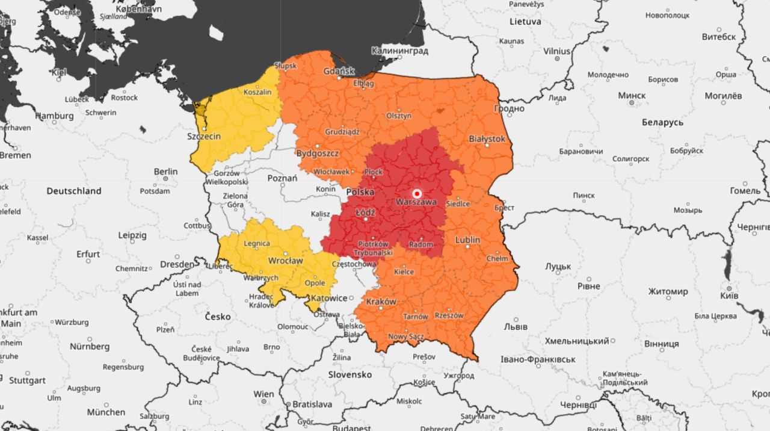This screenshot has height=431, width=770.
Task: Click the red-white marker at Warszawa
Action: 416,193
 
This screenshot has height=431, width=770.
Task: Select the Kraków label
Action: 380,301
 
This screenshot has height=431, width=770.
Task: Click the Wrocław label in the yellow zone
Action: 285,261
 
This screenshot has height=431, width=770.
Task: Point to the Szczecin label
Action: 204,136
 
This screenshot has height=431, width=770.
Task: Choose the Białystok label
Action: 487,138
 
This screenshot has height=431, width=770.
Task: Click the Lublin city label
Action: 467,240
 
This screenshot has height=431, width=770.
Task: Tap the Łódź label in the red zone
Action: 365,213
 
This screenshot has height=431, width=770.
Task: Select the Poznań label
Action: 282,178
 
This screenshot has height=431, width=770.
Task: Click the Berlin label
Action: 165,172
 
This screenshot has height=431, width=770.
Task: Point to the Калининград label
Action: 399,51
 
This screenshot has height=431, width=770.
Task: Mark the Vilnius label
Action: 556,52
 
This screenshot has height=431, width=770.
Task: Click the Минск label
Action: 632,96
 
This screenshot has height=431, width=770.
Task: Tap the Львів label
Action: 515,327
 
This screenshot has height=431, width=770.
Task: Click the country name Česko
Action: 218,317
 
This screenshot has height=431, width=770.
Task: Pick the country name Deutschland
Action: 74,191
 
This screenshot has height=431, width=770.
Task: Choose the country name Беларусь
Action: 662,122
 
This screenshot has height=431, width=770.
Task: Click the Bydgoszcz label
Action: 317,153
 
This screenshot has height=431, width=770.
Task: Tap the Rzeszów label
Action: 449,315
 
